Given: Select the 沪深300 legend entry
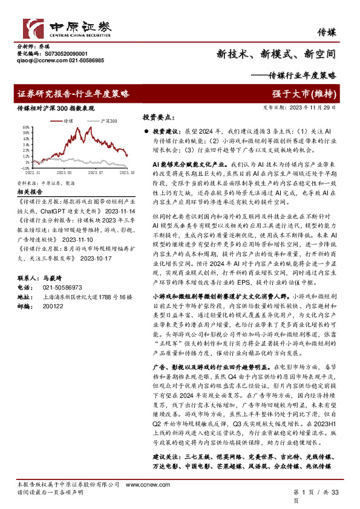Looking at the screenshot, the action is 105,121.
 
